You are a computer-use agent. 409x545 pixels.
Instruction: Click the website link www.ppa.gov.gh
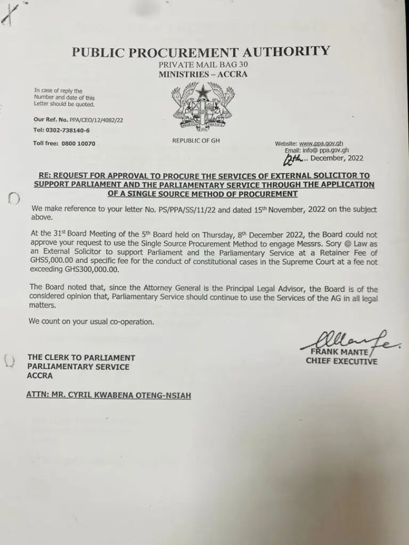click(x=320, y=144)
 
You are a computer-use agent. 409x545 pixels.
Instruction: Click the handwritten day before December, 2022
click(x=293, y=159)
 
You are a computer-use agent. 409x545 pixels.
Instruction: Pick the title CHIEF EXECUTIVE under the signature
click(x=341, y=361)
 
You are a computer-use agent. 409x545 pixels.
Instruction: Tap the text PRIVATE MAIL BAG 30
click(x=202, y=64)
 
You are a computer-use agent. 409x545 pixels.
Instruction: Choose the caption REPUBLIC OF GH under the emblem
click(x=195, y=140)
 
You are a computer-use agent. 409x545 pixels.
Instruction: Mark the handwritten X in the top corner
click(x=9, y=12)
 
